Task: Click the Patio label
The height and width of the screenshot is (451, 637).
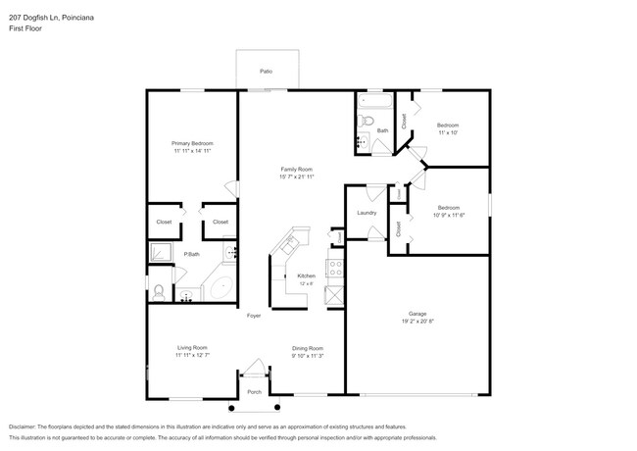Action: coord(266,72)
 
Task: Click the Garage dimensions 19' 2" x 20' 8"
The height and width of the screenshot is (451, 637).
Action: coord(417,323)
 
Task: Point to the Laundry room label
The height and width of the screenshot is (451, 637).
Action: coord(367,213)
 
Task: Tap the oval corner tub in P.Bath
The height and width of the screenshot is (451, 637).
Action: coord(219,290)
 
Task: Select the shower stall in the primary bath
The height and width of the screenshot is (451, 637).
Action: coord(160,253)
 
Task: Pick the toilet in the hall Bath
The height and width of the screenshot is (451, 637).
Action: coord(364,122)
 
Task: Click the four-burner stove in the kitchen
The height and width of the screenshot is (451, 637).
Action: coord(334,266)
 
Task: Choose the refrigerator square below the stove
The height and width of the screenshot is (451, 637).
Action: coord(334,293)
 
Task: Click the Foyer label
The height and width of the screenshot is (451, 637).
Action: coord(253,316)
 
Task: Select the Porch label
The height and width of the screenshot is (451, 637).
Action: coord(254,392)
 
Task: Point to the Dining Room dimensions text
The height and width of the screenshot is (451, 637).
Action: coord(308,356)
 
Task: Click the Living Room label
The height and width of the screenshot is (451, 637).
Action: coord(191,348)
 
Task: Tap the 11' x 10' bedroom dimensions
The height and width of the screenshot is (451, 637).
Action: coord(448,133)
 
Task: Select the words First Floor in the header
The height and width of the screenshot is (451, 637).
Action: coord(26,28)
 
